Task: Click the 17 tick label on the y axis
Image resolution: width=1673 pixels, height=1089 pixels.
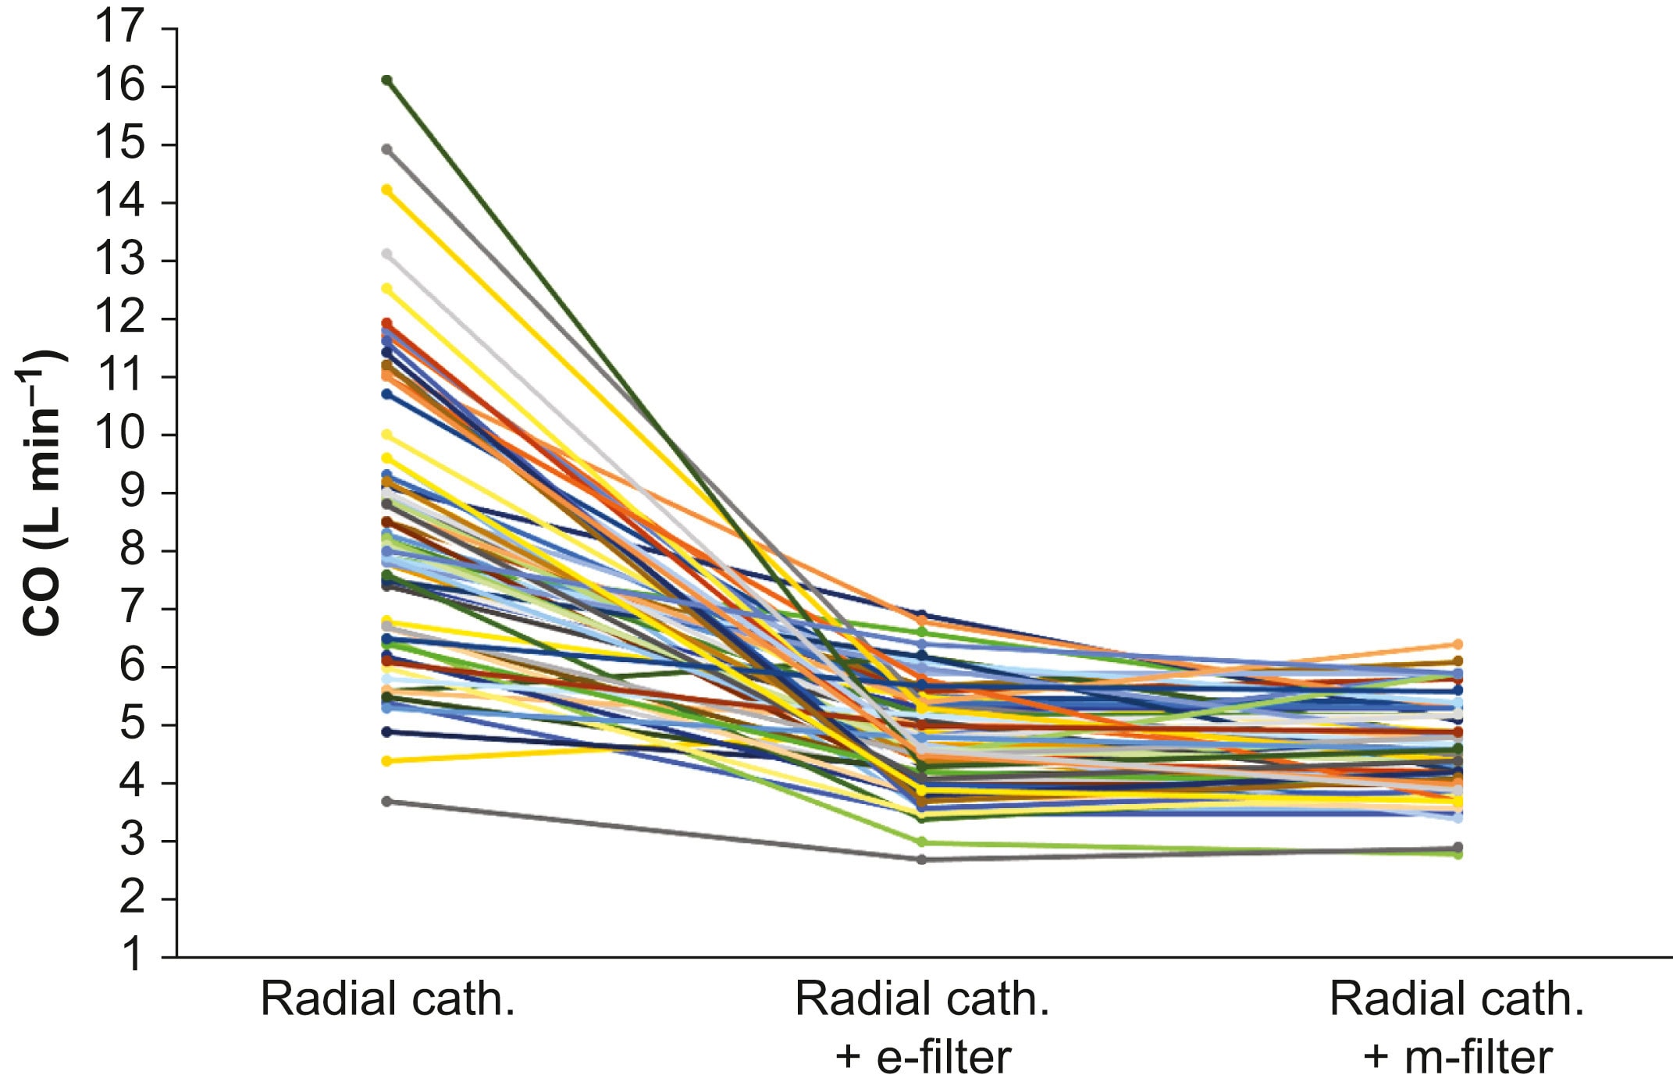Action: [x=120, y=28]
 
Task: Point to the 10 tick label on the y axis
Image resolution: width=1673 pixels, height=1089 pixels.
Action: [x=120, y=435]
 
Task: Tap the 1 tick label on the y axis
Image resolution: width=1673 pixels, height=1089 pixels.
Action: [x=133, y=956]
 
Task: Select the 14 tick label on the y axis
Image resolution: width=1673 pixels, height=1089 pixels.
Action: [x=120, y=202]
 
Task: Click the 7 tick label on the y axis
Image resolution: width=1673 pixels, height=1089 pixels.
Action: [x=133, y=609]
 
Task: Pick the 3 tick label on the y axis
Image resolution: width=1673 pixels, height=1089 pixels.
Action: [x=133, y=841]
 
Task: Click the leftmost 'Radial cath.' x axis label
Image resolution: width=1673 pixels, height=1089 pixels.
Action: [x=387, y=998]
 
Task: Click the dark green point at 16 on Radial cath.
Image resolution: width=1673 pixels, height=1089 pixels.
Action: [x=386, y=80]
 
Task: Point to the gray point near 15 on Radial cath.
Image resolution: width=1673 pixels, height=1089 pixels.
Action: [x=386, y=149]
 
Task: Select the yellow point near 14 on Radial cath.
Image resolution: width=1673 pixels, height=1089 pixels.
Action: [x=386, y=190]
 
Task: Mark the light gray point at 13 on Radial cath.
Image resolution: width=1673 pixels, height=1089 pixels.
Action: [x=386, y=254]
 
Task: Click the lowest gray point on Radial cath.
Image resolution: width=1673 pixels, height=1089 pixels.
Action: [x=386, y=802]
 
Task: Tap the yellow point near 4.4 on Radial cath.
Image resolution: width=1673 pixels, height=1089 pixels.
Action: [x=386, y=760]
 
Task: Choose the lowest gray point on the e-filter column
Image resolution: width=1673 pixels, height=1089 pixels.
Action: [x=921, y=859]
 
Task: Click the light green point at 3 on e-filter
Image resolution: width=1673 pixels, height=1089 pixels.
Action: [x=921, y=842]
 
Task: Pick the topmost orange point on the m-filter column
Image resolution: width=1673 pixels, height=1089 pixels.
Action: [x=1457, y=645]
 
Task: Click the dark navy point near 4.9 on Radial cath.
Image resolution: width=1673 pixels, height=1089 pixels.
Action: [x=386, y=732]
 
